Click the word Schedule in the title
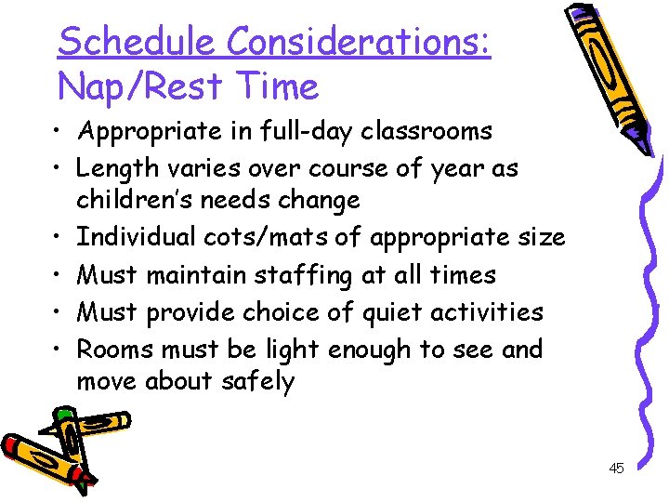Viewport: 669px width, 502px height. [x=137, y=42]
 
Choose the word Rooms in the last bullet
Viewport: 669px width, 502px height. [x=115, y=350]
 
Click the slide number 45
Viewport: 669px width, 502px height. [x=616, y=469]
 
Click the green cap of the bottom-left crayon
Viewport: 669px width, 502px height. [x=64, y=415]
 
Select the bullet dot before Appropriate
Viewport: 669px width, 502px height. [x=59, y=132]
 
